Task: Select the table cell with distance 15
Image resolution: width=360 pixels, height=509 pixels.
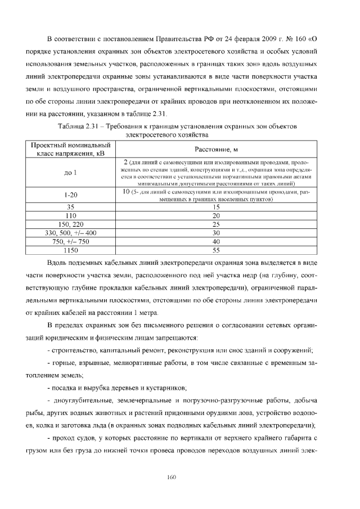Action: point(216,207)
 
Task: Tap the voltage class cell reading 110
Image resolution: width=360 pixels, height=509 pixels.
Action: point(71,215)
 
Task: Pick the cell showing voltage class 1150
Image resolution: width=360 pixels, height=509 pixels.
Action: point(71,250)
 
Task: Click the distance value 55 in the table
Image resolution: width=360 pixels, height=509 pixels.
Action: point(216,250)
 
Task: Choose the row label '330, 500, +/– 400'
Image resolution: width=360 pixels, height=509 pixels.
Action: point(71,233)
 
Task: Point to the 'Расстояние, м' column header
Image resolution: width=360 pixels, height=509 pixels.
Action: point(216,150)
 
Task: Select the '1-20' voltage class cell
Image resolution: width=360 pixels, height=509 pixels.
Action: point(71,195)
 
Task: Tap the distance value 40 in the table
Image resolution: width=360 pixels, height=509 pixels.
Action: point(216,241)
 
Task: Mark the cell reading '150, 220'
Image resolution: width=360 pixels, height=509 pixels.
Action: point(71,224)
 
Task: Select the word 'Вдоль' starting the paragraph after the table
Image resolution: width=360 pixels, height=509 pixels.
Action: point(59,263)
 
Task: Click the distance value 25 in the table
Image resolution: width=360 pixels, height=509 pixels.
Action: point(216,224)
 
